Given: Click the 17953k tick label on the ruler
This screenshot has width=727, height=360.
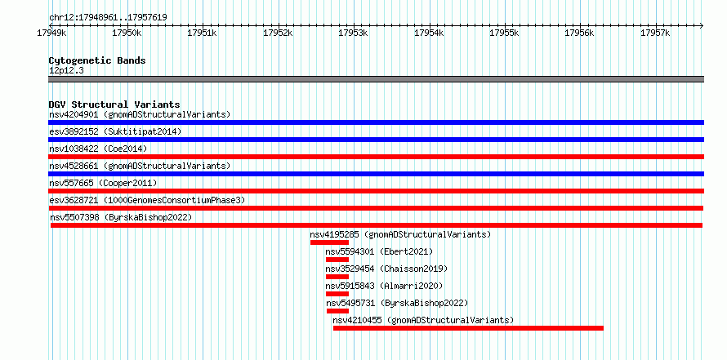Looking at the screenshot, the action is point(354,33).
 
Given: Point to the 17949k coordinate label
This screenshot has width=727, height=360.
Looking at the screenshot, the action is point(52,33).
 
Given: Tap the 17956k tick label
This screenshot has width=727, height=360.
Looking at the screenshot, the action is point(580,33).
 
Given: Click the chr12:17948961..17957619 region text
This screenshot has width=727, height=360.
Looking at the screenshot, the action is point(108,18).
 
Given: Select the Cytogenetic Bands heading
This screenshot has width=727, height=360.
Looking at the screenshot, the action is point(97,60).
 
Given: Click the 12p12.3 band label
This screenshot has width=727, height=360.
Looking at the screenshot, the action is point(66,71).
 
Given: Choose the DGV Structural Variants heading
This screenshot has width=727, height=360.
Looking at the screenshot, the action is point(114,104).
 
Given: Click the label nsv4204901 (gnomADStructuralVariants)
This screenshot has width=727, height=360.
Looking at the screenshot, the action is point(140,114).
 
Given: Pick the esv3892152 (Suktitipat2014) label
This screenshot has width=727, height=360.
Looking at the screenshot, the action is point(115,131).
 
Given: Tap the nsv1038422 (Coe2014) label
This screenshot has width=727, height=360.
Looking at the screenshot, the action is point(98,149).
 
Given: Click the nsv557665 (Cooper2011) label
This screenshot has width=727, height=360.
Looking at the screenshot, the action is point(103,183).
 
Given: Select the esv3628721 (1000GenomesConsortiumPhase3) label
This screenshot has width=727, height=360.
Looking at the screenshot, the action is point(147,200).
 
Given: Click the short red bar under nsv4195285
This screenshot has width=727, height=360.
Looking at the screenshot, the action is point(330,242).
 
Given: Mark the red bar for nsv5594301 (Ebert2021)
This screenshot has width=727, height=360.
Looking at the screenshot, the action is point(337,260).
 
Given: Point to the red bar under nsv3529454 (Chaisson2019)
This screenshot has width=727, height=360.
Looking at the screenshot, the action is point(337,277).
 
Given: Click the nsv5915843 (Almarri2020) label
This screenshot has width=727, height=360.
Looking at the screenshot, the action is point(385,286).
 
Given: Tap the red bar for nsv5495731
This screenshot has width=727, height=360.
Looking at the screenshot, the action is point(337,311).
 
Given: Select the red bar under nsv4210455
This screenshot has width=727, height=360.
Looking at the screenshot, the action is point(468,328).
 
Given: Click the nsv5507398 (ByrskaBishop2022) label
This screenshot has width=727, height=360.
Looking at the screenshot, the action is point(121,217).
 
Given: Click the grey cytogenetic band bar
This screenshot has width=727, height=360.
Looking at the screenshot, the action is point(376,79).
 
